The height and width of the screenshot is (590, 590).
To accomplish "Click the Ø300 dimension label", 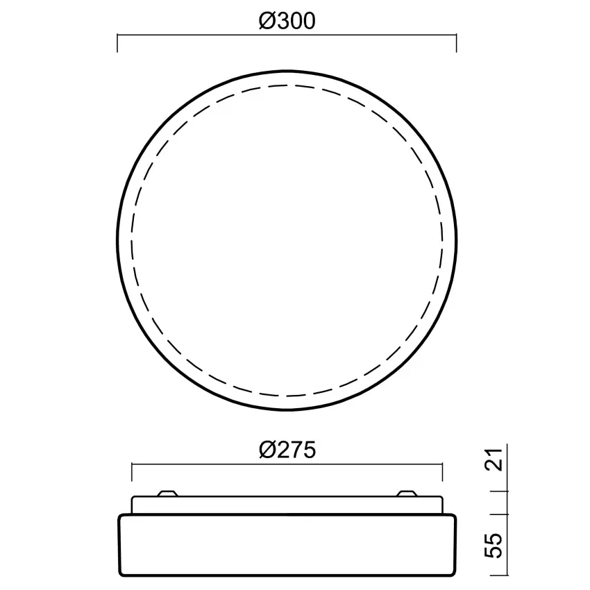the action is click(x=287, y=21).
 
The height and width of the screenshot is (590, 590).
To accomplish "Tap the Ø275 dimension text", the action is click(x=287, y=450).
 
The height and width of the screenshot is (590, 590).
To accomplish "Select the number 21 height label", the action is click(x=494, y=460).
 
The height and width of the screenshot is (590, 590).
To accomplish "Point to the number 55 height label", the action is click(x=494, y=545).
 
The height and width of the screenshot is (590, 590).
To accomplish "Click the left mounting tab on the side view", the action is click(x=167, y=494).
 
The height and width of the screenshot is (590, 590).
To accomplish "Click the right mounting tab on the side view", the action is click(x=407, y=494).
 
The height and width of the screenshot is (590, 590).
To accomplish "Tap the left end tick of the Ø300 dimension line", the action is click(x=117, y=43).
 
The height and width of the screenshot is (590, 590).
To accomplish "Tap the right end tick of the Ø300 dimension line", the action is click(x=457, y=43).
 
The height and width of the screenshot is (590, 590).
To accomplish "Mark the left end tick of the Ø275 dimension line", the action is click(x=132, y=472).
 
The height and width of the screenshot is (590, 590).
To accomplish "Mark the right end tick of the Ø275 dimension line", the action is click(x=443, y=472).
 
